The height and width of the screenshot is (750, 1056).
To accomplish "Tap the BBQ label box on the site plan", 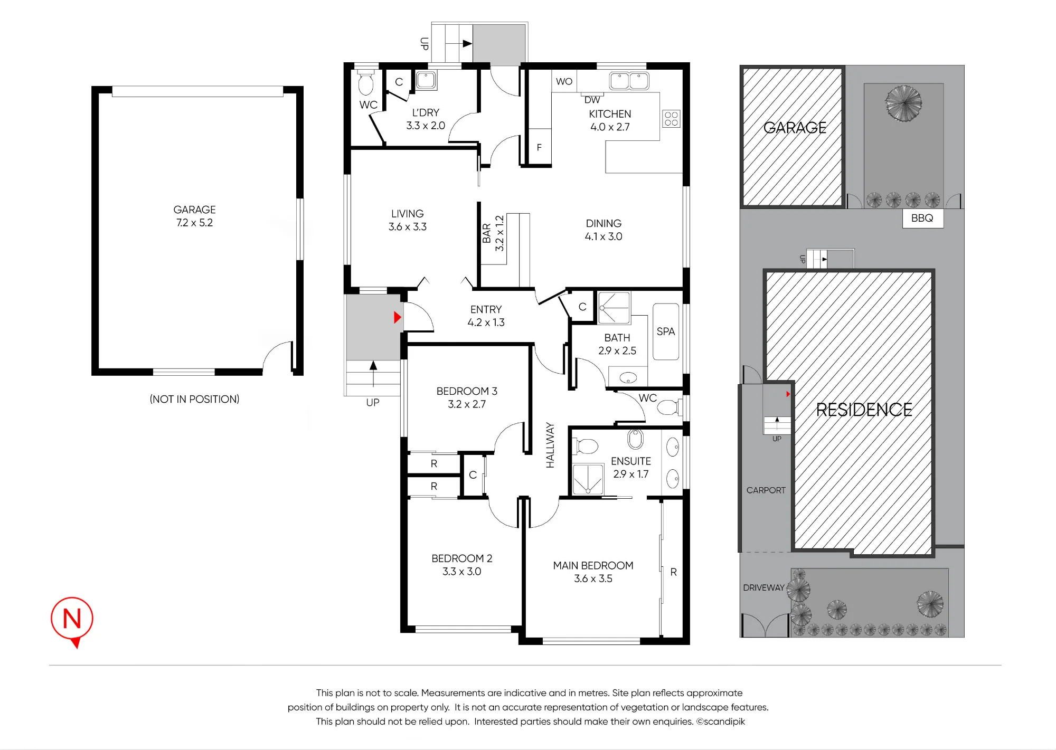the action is (x=922, y=218).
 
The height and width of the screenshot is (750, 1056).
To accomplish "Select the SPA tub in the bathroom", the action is (x=666, y=331).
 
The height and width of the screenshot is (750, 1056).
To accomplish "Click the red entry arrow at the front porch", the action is (x=398, y=317).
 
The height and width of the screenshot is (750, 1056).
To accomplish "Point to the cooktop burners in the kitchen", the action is (x=671, y=119).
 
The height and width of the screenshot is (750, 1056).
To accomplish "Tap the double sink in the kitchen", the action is (x=629, y=81).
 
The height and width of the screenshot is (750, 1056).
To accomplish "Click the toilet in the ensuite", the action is (x=585, y=446).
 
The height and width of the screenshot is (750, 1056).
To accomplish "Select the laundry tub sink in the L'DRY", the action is (x=426, y=80).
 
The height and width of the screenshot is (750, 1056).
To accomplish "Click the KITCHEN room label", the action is (x=610, y=114).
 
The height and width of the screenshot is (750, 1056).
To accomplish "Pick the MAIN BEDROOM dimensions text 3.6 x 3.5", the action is (x=593, y=578).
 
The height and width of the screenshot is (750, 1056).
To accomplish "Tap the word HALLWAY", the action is (x=550, y=445).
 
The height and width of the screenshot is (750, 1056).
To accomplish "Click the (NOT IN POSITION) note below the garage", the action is (x=194, y=399).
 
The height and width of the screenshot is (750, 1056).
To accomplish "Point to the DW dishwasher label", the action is (x=592, y=100).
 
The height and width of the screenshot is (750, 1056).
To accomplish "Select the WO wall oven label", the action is (x=564, y=82).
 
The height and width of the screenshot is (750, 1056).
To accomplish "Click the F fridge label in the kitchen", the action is (x=539, y=147).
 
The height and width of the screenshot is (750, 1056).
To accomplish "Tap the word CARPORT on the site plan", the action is (x=766, y=490).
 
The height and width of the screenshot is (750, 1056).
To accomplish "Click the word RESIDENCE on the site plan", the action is (x=864, y=410).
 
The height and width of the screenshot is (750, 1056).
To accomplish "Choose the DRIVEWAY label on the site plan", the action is (x=763, y=587).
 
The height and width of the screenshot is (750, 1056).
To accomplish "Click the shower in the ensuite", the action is (x=588, y=479).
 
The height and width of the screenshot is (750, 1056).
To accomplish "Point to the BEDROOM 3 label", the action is (x=467, y=391).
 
